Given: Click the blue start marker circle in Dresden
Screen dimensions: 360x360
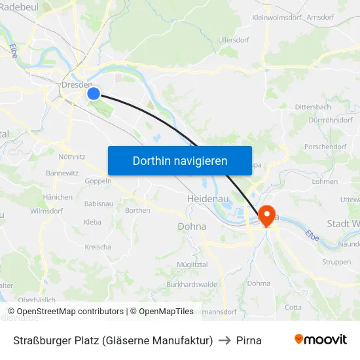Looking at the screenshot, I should [94, 94].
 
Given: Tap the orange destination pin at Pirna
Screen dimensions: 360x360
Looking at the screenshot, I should [267, 214].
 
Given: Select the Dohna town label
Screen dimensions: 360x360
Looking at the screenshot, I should [192, 226].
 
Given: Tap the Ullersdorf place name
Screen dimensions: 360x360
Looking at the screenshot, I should [234, 40].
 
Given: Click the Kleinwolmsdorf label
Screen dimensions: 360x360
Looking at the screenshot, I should [276, 18].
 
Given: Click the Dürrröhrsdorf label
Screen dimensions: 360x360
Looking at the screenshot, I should [329, 120].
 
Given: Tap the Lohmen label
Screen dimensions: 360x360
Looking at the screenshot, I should [325, 181].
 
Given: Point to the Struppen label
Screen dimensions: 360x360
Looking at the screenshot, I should [336, 262].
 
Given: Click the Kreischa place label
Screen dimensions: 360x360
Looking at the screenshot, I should [98, 247].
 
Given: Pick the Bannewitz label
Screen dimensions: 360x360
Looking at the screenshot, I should [62, 173].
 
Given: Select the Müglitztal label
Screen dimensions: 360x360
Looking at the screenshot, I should [192, 263].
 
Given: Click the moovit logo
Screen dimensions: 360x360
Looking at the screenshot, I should [321, 339].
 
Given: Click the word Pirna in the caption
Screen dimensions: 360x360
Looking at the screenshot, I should [249, 340].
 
